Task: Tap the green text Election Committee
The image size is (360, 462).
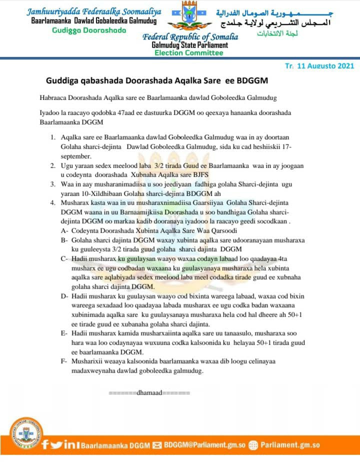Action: pyautogui.click(x=188, y=52)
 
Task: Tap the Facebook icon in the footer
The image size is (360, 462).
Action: pyautogui.click(x=45, y=444)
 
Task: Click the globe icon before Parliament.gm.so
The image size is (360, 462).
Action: pyautogui.click(x=253, y=444)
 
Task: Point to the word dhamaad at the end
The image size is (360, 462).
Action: pyautogui.click(x=149, y=392)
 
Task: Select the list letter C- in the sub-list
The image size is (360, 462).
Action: pyautogui.click(x=65, y=259)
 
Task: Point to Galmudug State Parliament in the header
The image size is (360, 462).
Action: pyautogui.click(x=189, y=45)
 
